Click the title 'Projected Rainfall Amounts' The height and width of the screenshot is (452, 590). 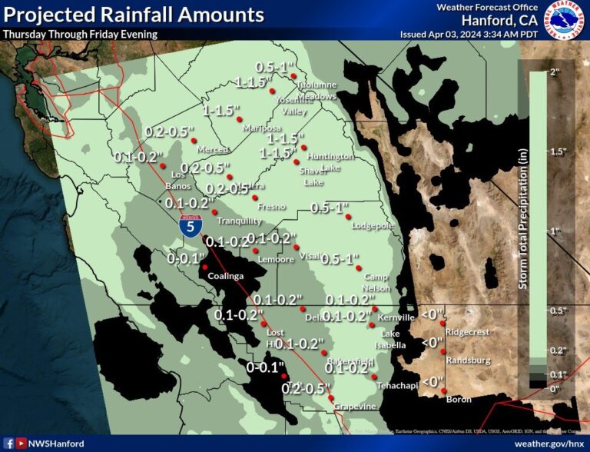tap(134, 15)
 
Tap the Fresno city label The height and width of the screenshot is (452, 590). tap(273, 206)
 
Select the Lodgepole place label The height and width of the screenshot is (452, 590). tap(373, 226)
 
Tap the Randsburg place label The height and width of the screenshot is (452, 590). tap(469, 360)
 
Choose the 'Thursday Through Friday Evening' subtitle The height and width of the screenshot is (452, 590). tap(80, 34)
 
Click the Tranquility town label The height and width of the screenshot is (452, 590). tap(239, 221)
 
